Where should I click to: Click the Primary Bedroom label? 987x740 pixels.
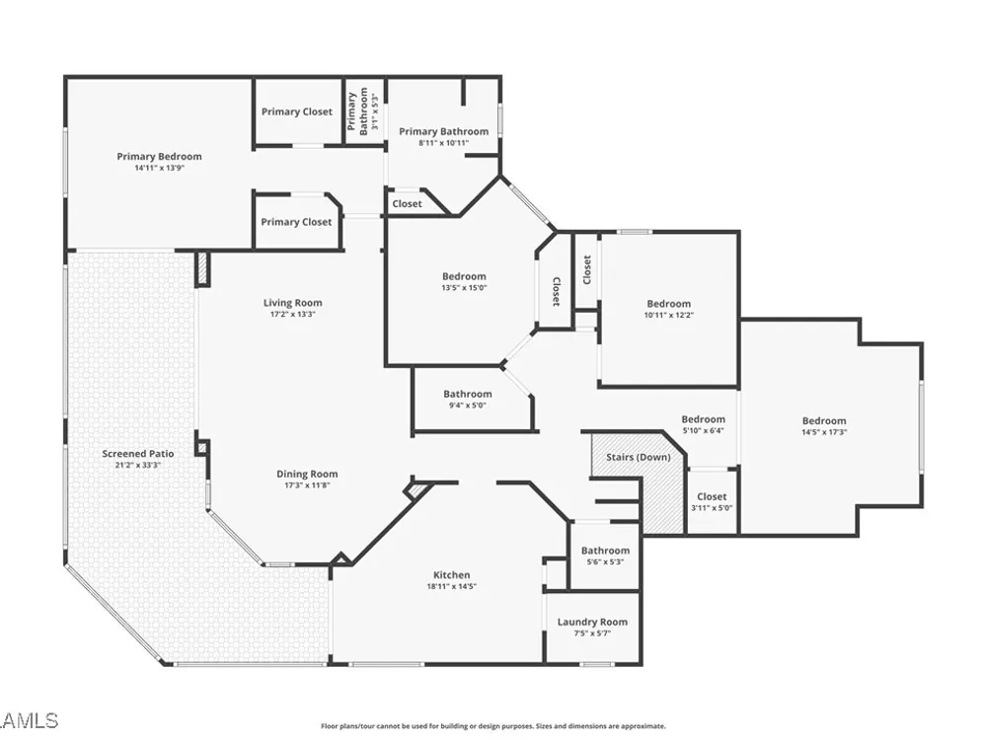pos(159,156)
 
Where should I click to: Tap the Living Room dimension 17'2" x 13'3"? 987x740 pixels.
pos(293,314)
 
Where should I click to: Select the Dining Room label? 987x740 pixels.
pos(307,474)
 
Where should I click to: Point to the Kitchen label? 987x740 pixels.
pos(451,574)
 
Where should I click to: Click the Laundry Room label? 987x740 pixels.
pos(592,622)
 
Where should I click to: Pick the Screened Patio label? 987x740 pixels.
pos(138,453)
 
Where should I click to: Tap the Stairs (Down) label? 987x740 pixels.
pos(639,457)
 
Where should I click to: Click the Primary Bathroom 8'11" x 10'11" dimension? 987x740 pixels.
pos(444,143)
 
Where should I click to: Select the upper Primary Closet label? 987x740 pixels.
pos(296,111)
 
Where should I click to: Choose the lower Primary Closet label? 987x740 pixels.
pos(296,221)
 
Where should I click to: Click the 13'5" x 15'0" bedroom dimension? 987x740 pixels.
pos(464,287)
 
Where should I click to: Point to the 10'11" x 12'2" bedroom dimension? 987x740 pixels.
pos(668,315)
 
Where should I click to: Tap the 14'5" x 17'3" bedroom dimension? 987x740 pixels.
pos(824,432)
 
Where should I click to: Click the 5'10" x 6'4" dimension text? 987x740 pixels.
pos(703,430)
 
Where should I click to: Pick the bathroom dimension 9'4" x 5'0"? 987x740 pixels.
pos(467,406)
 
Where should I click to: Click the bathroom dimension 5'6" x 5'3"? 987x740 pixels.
pos(605,562)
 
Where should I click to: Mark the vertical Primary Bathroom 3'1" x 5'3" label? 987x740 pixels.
pos(363,111)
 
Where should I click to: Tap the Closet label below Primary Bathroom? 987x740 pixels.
pos(407,204)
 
